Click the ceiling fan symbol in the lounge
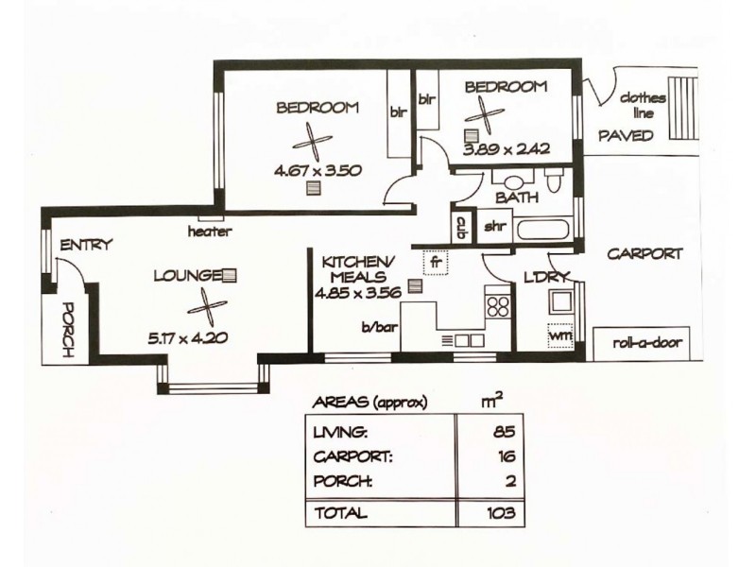(x=208, y=307)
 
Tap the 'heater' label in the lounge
(x=210, y=231)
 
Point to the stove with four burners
(x=498, y=305)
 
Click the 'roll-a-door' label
(x=638, y=343)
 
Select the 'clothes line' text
(x=643, y=105)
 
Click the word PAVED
(x=626, y=136)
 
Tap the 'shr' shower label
(x=494, y=227)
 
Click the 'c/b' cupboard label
(x=462, y=227)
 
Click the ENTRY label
(x=86, y=245)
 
